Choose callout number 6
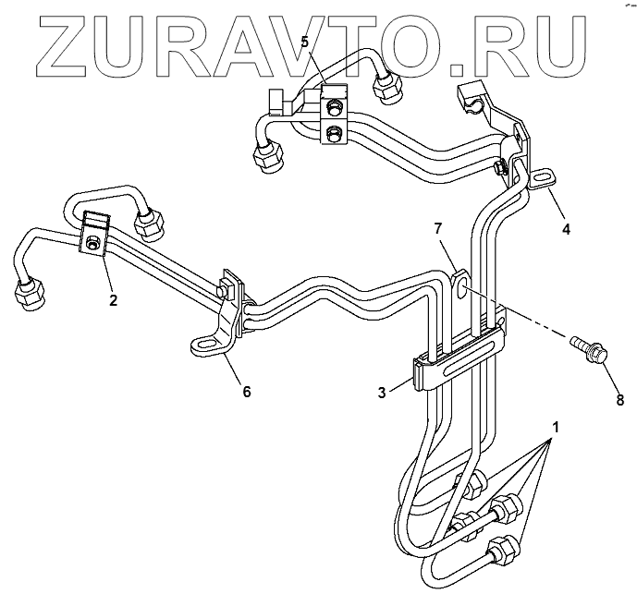[x=246, y=391]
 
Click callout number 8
[x=619, y=400]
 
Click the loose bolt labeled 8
[x=590, y=350]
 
